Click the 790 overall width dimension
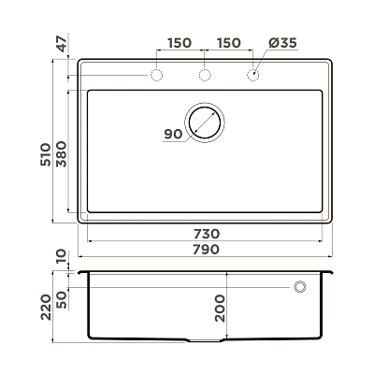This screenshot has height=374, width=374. (206, 250)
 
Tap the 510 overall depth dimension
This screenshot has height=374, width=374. (46, 154)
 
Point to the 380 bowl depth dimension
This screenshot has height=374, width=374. (62, 154)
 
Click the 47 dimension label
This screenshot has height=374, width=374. (62, 44)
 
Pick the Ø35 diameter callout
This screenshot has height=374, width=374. (282, 43)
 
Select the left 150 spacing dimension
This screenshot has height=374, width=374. (180, 43)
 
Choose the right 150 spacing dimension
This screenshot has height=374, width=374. (229, 43)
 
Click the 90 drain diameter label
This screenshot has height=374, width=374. (173, 135)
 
